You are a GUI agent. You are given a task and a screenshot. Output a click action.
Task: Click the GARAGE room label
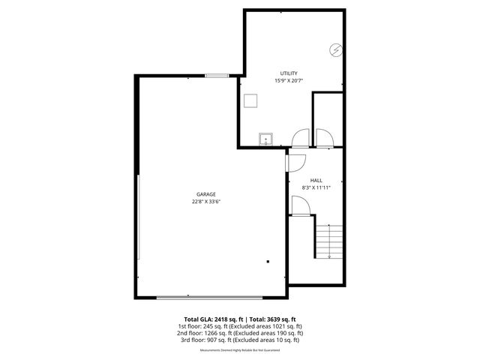click(x=206, y=194)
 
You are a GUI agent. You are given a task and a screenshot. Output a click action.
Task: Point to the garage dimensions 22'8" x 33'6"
click(x=206, y=201)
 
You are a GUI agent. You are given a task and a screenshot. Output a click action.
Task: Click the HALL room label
click(x=316, y=180)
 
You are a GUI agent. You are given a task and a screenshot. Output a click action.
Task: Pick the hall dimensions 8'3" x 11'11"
click(x=316, y=187)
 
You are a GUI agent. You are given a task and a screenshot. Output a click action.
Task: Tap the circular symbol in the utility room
click(x=335, y=50)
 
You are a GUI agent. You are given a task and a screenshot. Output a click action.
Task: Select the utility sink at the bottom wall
click(x=265, y=139)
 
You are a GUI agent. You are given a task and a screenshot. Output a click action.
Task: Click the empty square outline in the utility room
click(x=251, y=100)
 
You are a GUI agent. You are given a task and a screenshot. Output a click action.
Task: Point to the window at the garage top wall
click(x=217, y=75)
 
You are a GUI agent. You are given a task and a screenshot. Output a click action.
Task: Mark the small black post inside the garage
click(x=268, y=262)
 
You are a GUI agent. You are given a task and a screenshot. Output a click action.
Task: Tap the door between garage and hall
click(x=293, y=162)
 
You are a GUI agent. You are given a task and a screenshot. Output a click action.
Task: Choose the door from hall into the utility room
click(x=299, y=137)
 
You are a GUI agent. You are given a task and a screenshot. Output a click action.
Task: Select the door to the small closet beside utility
click(x=325, y=137)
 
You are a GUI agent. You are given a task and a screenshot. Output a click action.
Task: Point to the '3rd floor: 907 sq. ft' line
click(x=239, y=340)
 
